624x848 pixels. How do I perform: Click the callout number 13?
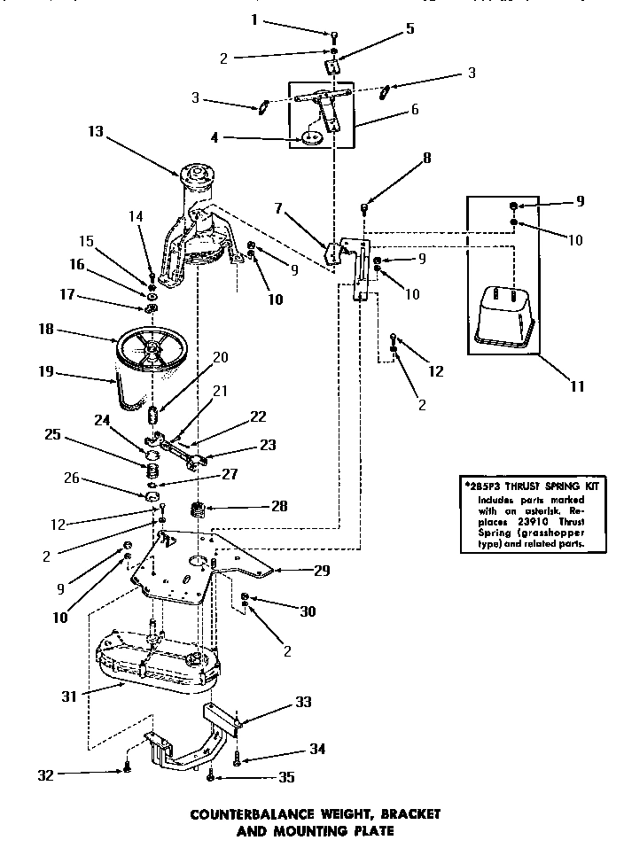coord(96,131)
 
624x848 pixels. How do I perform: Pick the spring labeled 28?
coord(198,510)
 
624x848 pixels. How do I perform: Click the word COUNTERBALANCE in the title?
coord(252,813)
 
